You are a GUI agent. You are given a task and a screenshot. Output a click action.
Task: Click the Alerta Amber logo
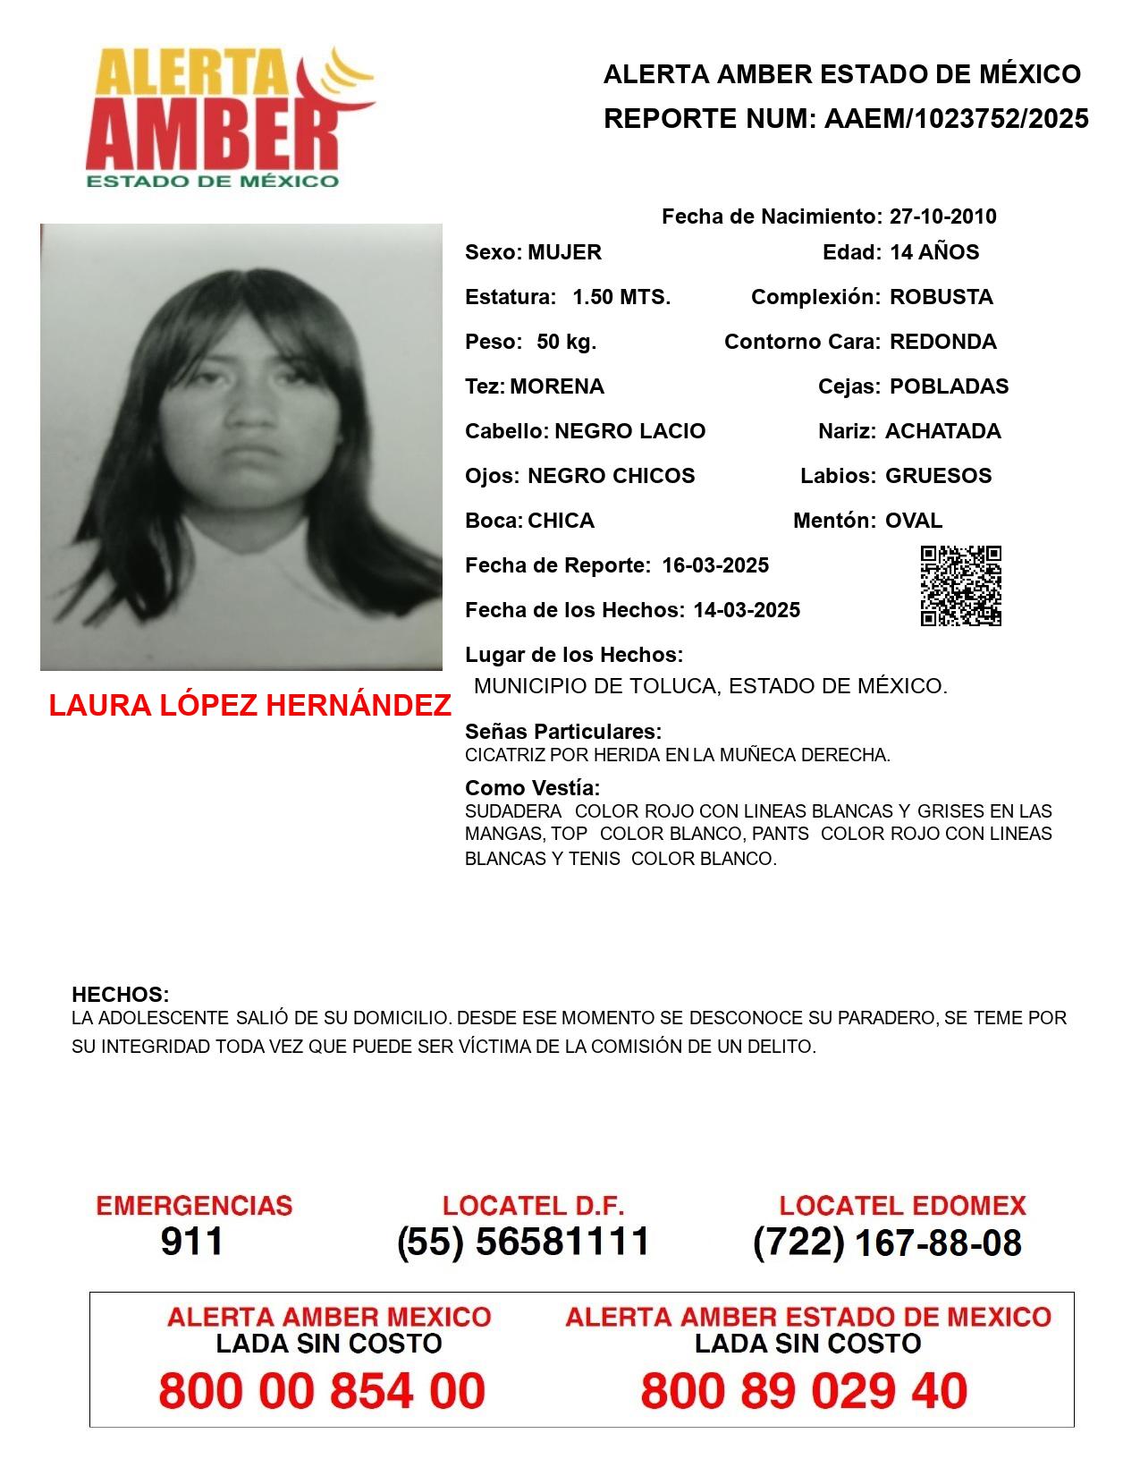point(228,118)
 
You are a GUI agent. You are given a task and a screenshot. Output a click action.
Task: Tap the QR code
point(961,586)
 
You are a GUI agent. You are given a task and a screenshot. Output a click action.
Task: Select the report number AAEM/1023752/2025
point(956,119)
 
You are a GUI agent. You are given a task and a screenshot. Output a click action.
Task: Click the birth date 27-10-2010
point(942,216)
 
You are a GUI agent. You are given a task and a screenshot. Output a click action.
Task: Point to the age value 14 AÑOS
point(934,252)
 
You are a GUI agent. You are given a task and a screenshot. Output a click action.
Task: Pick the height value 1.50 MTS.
point(621,297)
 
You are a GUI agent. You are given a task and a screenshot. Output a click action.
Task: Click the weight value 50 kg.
point(566,342)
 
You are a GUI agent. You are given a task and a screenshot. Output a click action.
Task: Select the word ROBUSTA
point(942,297)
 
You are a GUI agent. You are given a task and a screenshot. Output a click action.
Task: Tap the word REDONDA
point(943,342)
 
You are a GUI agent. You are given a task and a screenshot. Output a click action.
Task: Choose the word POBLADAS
point(950,386)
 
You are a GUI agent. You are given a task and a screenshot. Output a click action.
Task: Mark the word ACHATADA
point(943,431)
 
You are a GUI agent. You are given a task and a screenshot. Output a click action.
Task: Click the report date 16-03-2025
point(715,565)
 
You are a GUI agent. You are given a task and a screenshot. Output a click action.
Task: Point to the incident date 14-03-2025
point(747,610)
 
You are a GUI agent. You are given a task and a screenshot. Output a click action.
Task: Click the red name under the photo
point(249,706)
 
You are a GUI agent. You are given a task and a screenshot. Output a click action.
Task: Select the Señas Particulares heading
point(563,732)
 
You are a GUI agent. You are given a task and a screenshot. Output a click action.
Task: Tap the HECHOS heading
point(121,995)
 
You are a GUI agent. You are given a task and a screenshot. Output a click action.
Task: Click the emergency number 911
point(192,1242)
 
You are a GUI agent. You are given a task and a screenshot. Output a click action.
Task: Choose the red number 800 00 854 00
point(322,1391)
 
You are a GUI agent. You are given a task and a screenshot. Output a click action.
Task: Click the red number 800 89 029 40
point(804,1391)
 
